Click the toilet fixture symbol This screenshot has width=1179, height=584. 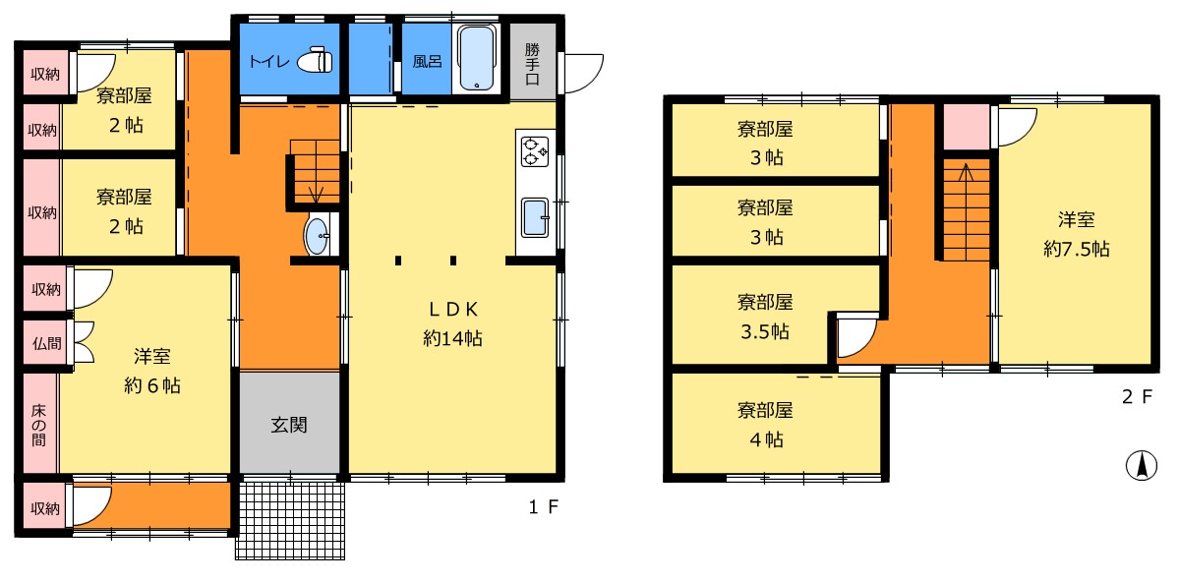pos(315,61)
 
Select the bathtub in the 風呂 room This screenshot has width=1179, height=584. pos(478,58)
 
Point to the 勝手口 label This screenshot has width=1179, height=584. pos(532,63)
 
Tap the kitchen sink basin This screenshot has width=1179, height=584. pos(535,216)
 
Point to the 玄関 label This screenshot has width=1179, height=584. pos(289,426)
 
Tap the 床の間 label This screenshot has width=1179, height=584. pos(38,425)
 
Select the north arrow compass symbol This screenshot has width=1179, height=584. pos(1142,465)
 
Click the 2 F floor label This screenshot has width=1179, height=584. pos(1136,397)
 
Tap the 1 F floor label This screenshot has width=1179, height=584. pos(543,508)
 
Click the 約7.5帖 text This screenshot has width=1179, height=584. pos(1076,250)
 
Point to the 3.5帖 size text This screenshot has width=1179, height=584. pos(765,330)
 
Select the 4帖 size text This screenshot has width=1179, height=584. pos(765,438)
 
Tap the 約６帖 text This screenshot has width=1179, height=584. pos(151,386)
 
